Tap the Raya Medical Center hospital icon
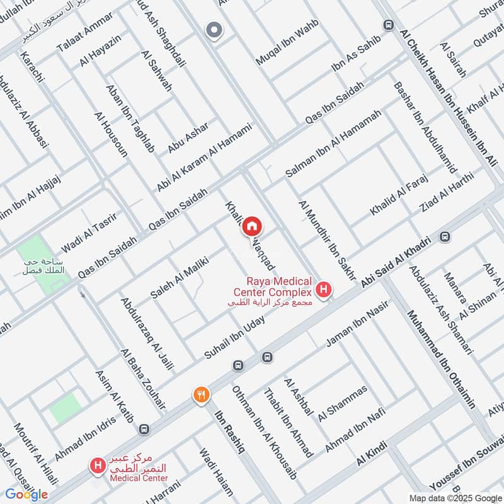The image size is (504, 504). [324, 290]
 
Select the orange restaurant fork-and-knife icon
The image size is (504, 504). [200, 395]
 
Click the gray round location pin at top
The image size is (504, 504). [214, 30]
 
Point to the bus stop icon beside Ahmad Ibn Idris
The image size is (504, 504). [145, 429]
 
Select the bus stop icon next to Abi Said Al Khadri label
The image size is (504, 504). [445, 237]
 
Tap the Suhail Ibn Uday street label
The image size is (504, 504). [234, 337]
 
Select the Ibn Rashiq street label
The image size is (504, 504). [229, 434]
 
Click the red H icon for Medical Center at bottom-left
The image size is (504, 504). [97, 467]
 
